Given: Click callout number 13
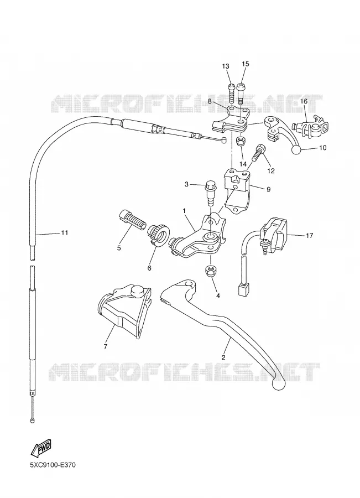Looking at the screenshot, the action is coord(225,66).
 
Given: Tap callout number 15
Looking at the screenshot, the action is coord(246,64).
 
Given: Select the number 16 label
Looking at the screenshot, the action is coord(304,101).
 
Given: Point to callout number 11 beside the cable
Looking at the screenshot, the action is coord(65,233).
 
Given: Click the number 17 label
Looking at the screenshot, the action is coord(309,235).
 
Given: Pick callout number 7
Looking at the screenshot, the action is coord(106,346).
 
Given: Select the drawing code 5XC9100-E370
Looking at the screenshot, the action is coord(53,465).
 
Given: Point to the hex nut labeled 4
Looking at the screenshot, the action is coord(211,272).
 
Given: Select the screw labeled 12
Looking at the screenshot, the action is coord(258,153).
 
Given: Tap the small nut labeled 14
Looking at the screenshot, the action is coord(241,141).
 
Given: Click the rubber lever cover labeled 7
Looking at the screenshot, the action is coord(124,309).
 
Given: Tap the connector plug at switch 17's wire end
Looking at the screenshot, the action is coord(243,289).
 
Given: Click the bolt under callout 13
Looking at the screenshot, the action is coord(231,92).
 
